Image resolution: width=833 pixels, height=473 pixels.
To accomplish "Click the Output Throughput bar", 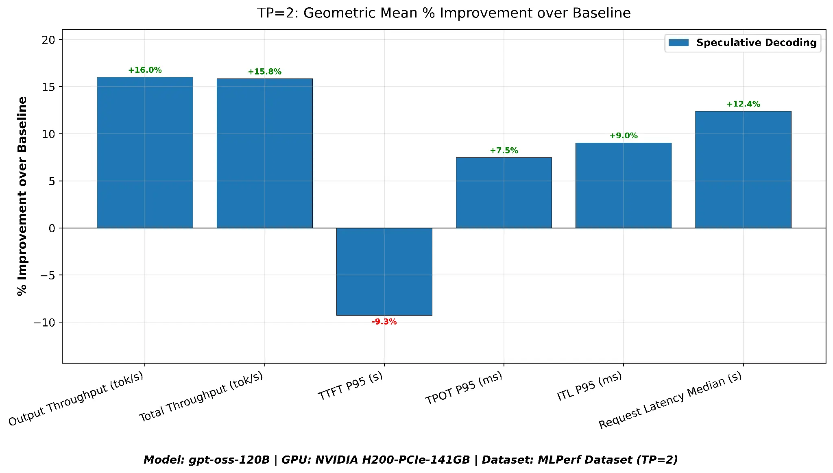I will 145,153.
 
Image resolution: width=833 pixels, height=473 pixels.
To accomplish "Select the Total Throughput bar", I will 264,153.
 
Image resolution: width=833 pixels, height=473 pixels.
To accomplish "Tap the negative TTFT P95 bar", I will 384,271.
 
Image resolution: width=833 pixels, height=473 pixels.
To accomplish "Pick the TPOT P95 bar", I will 504,192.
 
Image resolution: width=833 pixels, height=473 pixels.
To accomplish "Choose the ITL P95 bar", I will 623,185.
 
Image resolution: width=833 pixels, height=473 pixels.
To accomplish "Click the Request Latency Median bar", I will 743,169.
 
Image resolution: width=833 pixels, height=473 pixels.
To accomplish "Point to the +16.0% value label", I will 145,70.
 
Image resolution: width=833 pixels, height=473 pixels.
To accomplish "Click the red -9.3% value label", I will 384,322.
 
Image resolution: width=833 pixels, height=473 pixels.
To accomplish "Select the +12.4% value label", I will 743,104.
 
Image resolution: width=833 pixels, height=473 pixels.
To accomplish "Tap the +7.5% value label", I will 504,150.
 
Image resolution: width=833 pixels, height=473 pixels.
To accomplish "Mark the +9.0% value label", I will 623,136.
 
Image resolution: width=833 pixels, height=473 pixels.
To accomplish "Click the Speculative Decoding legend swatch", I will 678,43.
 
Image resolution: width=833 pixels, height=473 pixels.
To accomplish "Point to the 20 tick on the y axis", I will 48,40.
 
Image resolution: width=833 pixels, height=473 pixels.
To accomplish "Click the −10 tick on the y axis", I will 44,323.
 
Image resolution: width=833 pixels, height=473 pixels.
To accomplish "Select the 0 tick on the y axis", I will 52,229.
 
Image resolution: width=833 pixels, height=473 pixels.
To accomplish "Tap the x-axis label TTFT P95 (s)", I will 350,386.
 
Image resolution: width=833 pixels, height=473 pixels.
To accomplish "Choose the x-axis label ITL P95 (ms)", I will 589,386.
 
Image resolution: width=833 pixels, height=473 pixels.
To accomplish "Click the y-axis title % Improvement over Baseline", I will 22,196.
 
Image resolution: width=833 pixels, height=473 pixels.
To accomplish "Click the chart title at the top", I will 444,13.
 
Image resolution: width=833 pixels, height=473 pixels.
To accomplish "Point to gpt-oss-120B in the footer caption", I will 229,460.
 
